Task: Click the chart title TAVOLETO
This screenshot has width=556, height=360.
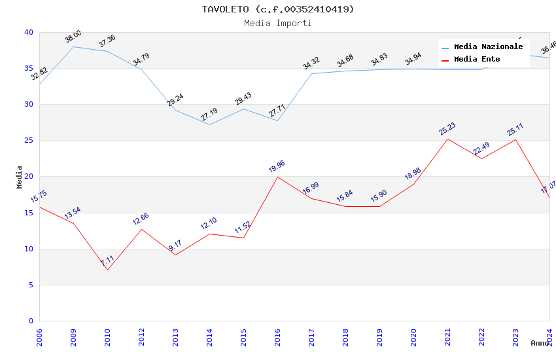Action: pyautogui.click(x=278, y=9)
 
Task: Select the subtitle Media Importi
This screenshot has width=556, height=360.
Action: pyautogui.click(x=278, y=23)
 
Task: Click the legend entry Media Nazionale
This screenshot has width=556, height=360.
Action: pyautogui.click(x=488, y=47)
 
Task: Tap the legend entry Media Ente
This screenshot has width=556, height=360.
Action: pyautogui.click(x=477, y=60)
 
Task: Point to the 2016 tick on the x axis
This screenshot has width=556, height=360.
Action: pyautogui.click(x=277, y=338)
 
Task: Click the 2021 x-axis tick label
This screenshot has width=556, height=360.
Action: pyautogui.click(x=447, y=338)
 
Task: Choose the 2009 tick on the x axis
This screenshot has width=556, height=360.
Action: pyautogui.click(x=73, y=338)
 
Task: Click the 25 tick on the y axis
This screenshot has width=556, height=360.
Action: pyautogui.click(x=29, y=141)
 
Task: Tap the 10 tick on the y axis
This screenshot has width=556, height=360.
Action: pyautogui.click(x=29, y=249)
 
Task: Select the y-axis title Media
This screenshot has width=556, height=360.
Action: pyautogui.click(x=20, y=177)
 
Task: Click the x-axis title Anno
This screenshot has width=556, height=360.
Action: pyautogui.click(x=540, y=343)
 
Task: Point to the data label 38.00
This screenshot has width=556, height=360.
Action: pyautogui.click(x=73, y=36)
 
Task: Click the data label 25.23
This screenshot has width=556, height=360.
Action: pyautogui.click(x=447, y=128)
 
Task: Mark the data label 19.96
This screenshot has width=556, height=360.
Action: pyautogui.click(x=277, y=166)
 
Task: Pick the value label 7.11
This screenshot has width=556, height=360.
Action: pyautogui.click(x=107, y=260)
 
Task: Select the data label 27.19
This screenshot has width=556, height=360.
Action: pyautogui.click(x=209, y=115)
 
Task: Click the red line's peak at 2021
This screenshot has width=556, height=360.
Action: pyautogui.click(x=447, y=139)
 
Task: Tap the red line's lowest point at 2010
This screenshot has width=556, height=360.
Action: pyautogui.click(x=107, y=270)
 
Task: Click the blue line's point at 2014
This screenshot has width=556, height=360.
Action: pyautogui.click(x=209, y=124)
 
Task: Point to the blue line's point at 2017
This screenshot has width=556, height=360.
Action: pyautogui.click(x=311, y=73)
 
